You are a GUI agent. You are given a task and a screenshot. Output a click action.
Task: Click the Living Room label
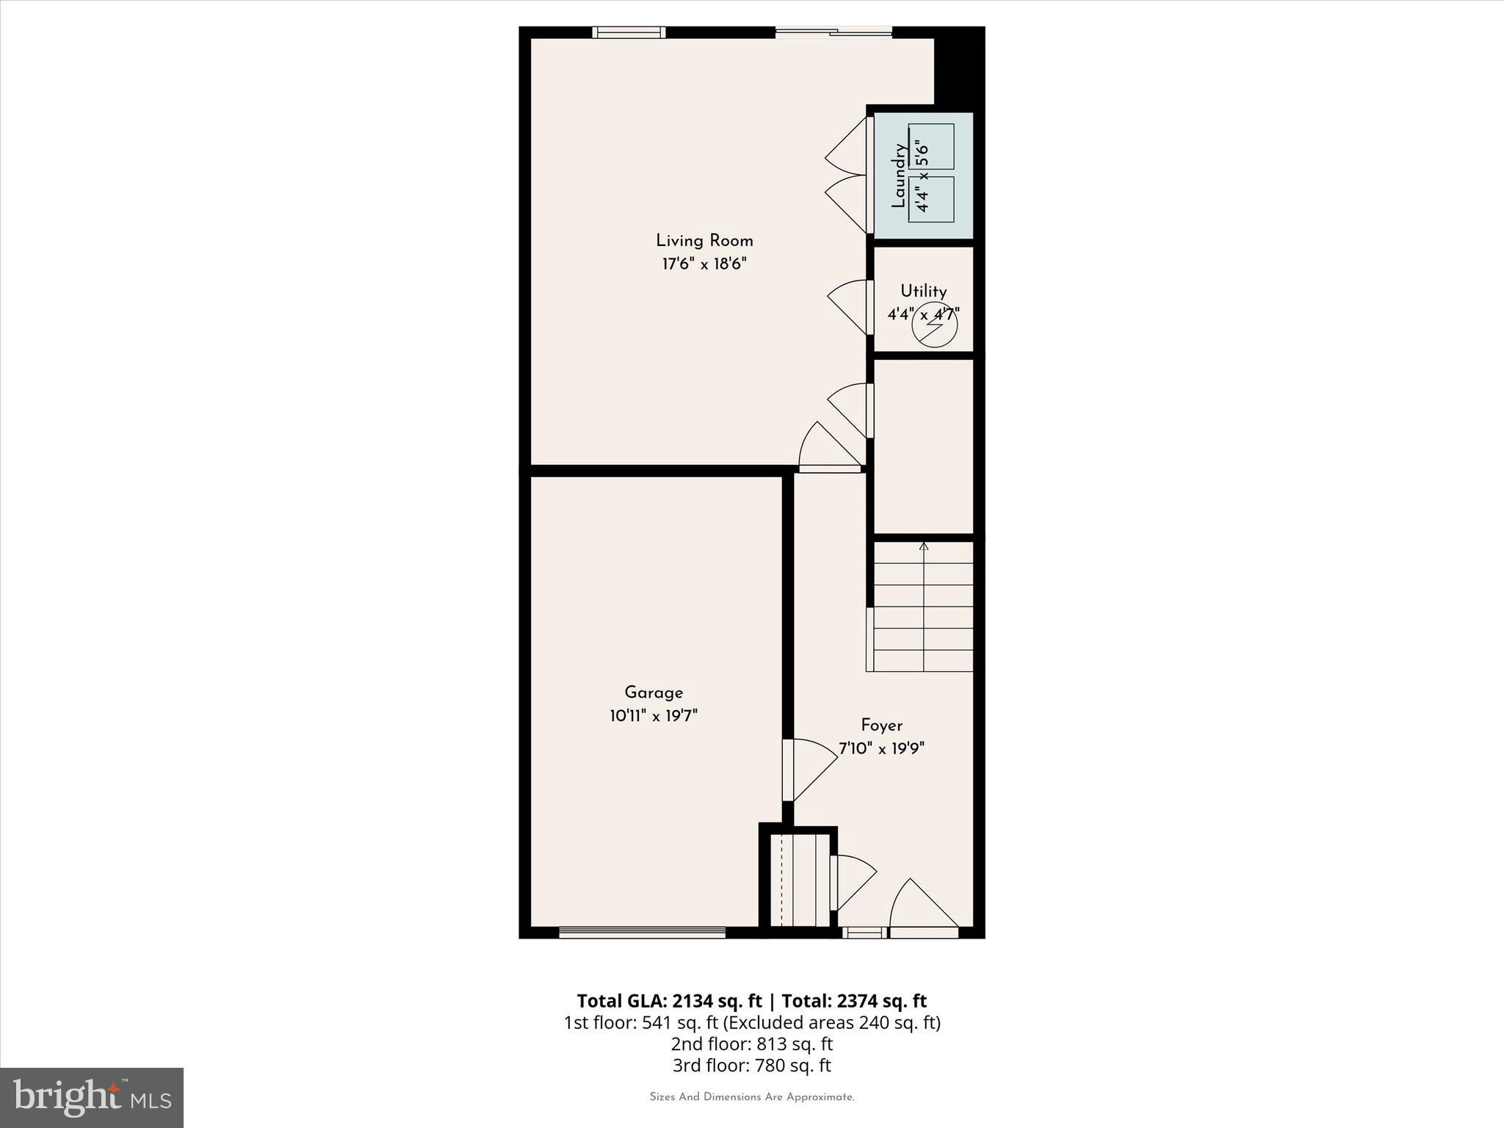(704, 241)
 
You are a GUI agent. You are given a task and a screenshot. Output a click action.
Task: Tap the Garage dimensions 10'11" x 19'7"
(653, 716)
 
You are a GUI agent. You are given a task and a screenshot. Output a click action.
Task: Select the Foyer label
(881, 726)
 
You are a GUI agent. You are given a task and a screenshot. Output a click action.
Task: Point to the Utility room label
(923, 291)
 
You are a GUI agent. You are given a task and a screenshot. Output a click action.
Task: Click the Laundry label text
(898, 176)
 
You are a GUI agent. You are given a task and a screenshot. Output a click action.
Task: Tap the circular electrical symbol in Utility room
(934, 325)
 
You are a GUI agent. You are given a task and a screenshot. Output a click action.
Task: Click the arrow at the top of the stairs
(923, 546)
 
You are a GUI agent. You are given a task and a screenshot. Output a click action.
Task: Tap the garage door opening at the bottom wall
(642, 933)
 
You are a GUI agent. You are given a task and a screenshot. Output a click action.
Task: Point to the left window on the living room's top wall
(629, 32)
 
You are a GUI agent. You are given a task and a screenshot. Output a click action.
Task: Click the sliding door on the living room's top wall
(834, 32)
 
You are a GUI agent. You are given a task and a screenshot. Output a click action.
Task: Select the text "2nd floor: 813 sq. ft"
(751, 1044)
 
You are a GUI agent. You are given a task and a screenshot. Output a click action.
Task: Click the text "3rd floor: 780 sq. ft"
(751, 1065)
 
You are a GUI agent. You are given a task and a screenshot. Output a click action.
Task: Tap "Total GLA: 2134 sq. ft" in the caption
(669, 1001)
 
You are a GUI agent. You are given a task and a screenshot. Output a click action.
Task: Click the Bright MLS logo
(92, 1097)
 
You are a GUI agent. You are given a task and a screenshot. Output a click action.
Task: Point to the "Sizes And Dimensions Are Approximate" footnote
(751, 1097)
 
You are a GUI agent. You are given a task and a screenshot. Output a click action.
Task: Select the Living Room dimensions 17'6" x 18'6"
(704, 264)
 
